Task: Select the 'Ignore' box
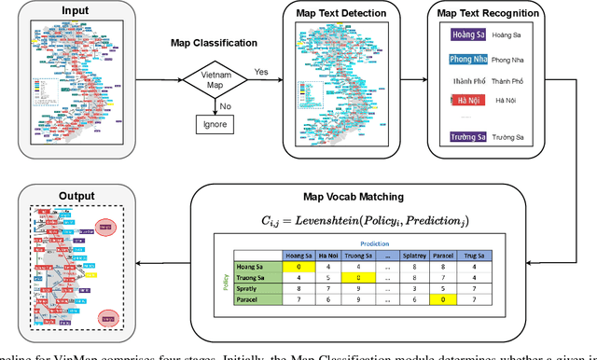pyautogui.click(x=215, y=123)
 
